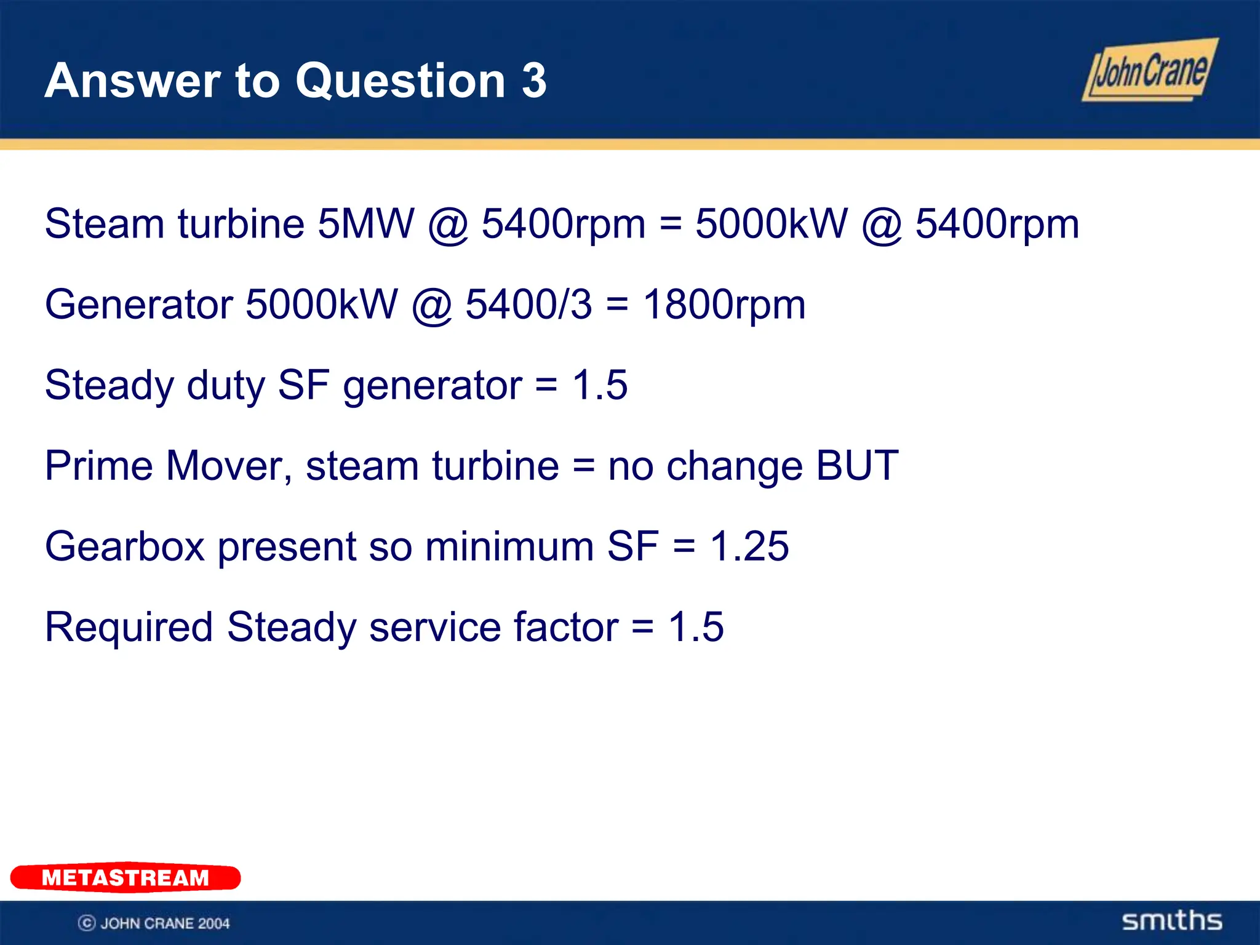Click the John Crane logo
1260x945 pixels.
[x=1149, y=70]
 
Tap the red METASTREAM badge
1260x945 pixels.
[x=126, y=877]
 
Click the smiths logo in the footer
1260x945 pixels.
[x=1172, y=921]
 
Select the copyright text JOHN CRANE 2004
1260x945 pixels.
[x=154, y=923]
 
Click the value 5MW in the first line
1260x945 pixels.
[x=365, y=223]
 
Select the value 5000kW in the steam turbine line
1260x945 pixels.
[x=771, y=223]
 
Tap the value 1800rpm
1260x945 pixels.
[x=724, y=305]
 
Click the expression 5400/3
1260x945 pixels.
[x=528, y=305]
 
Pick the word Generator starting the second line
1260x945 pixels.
[x=139, y=305]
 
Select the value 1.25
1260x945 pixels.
[x=749, y=546]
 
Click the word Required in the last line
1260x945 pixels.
[x=129, y=627]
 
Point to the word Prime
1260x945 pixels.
[x=98, y=466]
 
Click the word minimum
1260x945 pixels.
[x=509, y=546]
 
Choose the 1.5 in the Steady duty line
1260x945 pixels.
[x=600, y=385]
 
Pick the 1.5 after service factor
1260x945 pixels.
[x=696, y=627]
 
